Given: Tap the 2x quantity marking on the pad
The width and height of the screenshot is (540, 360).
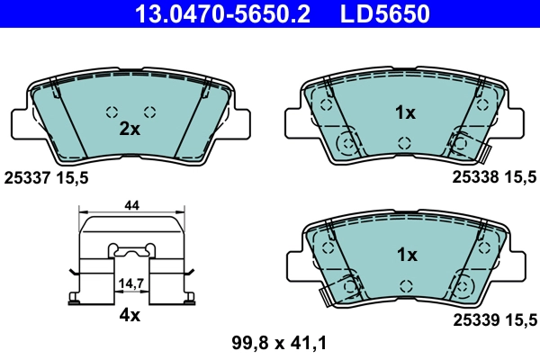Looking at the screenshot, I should pos(130,129).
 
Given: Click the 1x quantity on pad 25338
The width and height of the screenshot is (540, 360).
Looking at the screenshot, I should pos(406,113).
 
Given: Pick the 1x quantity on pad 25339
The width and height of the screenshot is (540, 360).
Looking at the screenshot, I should pos(406,255).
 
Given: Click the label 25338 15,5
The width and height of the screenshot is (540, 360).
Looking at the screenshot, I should pos(494,178).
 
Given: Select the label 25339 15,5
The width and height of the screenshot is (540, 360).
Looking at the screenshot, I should pos(494,319).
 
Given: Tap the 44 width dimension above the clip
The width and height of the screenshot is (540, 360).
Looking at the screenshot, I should pos(131,206).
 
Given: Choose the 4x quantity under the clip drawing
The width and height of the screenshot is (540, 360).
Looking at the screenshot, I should pos(131,316).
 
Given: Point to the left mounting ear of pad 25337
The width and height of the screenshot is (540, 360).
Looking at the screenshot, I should pos(22,124).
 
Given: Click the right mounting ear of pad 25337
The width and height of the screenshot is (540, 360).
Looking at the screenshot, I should pos(244,124).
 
